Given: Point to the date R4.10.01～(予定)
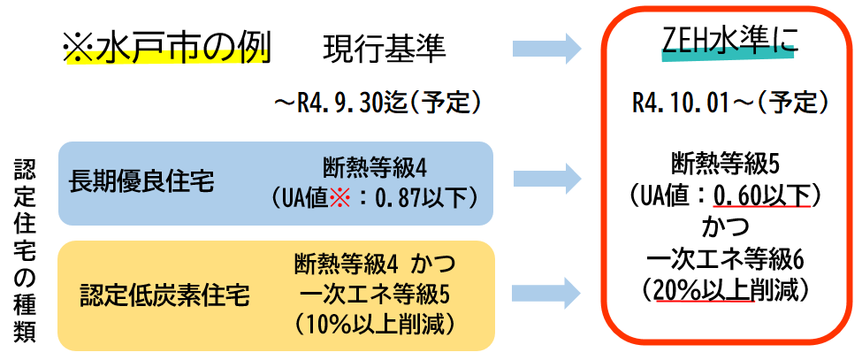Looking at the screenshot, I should click(x=730, y=103).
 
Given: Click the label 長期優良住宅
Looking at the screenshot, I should click(x=141, y=182).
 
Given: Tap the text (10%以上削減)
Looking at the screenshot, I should click(x=378, y=324).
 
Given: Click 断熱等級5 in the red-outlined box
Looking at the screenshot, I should click(x=730, y=163).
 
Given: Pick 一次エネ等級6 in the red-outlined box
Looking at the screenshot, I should click(x=730, y=260).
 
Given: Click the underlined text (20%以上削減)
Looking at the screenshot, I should click(x=730, y=288).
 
